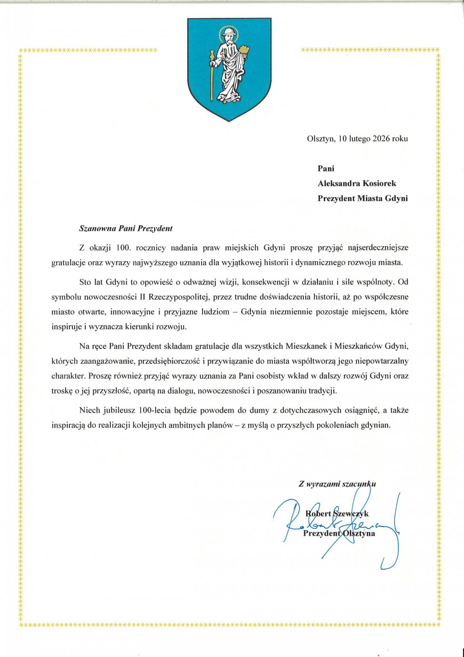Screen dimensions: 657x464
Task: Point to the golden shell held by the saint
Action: click(245, 50)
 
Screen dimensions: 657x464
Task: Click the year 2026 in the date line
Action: click(381, 139)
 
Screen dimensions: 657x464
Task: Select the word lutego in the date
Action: click(359, 139)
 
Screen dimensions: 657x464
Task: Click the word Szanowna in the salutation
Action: click(93, 229)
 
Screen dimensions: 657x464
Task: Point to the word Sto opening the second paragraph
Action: click(85, 282)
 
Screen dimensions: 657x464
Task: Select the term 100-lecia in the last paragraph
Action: click(155, 410)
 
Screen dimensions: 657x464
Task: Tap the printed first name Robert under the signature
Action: click(318, 514)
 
